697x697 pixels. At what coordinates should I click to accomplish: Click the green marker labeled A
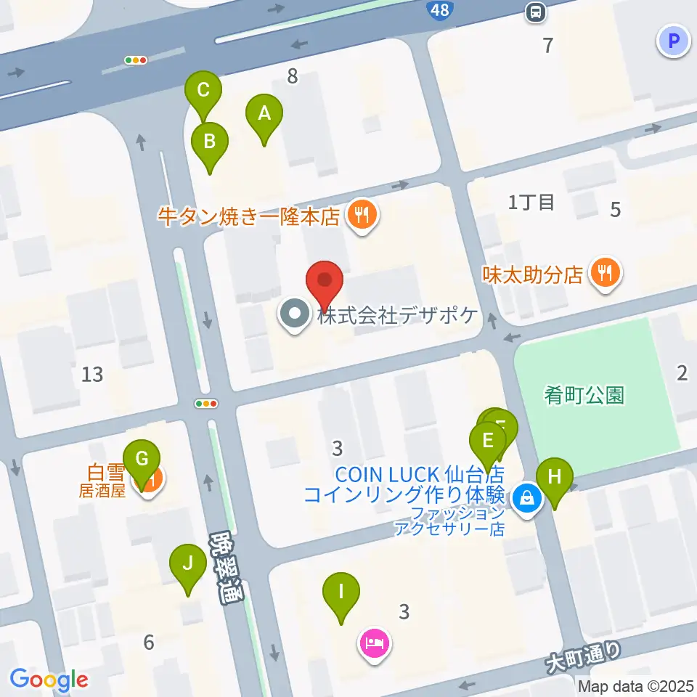[x=264, y=115]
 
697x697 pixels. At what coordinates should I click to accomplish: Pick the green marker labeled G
[x=142, y=460]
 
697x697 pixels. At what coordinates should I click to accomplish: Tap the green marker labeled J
[x=188, y=563]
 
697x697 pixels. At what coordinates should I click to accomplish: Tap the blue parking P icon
[x=672, y=41]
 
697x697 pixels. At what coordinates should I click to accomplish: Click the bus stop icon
[x=536, y=11]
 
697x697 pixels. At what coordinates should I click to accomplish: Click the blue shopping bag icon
[x=524, y=499]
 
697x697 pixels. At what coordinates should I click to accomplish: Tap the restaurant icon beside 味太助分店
[x=604, y=273]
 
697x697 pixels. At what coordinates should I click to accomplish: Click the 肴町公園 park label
[x=584, y=396]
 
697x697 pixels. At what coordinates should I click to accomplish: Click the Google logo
[x=49, y=680]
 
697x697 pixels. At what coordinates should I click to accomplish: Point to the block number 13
[x=92, y=375]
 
